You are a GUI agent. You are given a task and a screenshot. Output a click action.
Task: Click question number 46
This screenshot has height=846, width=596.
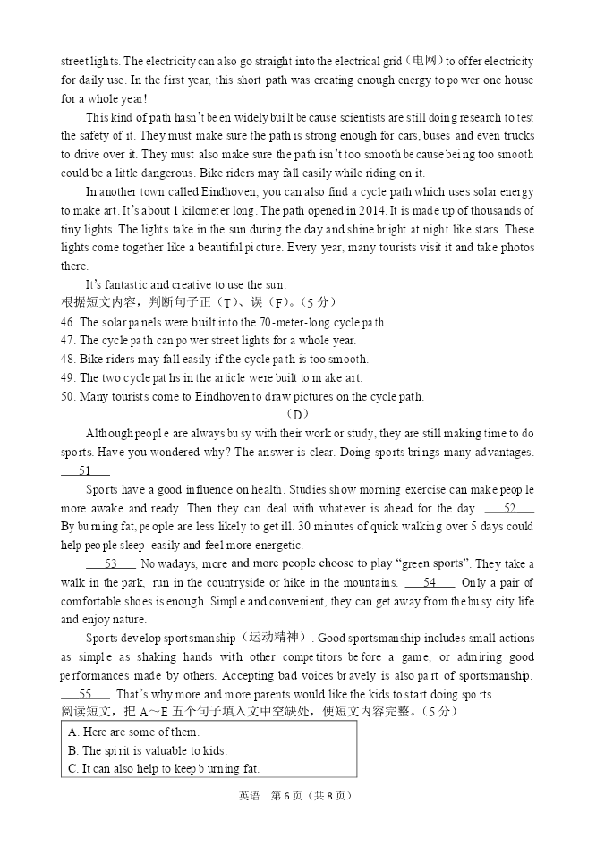coord(68,322)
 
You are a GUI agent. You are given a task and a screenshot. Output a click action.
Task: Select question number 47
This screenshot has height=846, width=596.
coord(68,340)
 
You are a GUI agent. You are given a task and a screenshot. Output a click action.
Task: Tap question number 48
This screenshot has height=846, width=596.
coord(68,359)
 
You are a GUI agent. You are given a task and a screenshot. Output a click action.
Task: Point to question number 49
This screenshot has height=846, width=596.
coord(68,377)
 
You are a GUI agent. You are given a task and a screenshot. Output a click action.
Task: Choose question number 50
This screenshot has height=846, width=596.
coord(68,396)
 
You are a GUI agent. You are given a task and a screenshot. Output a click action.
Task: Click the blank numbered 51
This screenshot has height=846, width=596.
coord(85,470)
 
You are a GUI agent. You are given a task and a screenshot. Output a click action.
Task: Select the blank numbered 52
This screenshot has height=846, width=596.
coord(509,508)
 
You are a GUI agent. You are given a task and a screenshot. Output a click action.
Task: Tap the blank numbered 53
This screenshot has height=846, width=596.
coord(111,563)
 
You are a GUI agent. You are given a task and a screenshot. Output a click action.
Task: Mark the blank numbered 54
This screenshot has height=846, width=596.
coord(430,582)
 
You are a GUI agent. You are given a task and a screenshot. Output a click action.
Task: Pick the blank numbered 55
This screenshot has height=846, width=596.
coord(86,694)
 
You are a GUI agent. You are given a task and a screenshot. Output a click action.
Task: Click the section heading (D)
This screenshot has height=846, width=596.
coord(298,415)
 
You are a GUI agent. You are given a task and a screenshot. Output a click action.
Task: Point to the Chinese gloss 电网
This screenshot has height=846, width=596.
coord(423,61)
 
